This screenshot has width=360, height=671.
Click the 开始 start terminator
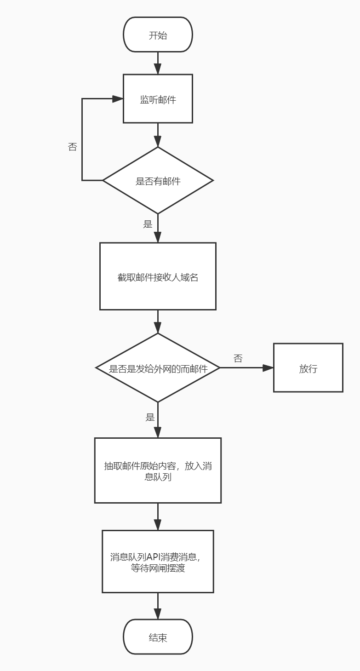pyautogui.click(x=158, y=35)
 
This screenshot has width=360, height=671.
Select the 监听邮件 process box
pyautogui.click(x=158, y=99)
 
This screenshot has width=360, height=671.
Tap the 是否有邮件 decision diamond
pyautogui.click(x=158, y=180)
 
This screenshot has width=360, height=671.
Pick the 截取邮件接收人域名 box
pyautogui.click(x=158, y=276)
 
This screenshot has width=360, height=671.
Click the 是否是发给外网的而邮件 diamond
pyautogui.click(x=158, y=368)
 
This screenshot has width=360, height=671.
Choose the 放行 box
pyautogui.click(x=308, y=368)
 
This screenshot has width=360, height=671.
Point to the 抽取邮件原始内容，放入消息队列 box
pyautogui.click(x=158, y=470)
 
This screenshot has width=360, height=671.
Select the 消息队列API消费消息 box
pyautogui.click(x=158, y=562)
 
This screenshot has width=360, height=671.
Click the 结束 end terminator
pyautogui.click(x=158, y=637)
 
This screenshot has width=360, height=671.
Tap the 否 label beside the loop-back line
pyautogui.click(x=72, y=147)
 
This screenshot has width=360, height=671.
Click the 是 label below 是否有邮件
pyautogui.click(x=148, y=224)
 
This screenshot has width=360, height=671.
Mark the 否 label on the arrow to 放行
pyautogui.click(x=238, y=358)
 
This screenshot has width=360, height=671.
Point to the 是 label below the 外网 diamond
pyautogui.click(x=150, y=417)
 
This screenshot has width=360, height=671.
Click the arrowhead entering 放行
pyautogui.click(x=268, y=368)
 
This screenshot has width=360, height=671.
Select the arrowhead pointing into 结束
pyautogui.click(x=158, y=614)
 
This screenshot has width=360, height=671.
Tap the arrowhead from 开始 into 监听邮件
pyautogui.click(x=158, y=69)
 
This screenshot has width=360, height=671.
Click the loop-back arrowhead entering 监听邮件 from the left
pyautogui.click(x=118, y=99)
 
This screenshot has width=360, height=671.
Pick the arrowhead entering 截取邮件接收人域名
pyautogui.click(x=158, y=237)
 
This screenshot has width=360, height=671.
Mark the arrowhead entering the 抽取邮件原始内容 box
pyautogui.click(x=158, y=432)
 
